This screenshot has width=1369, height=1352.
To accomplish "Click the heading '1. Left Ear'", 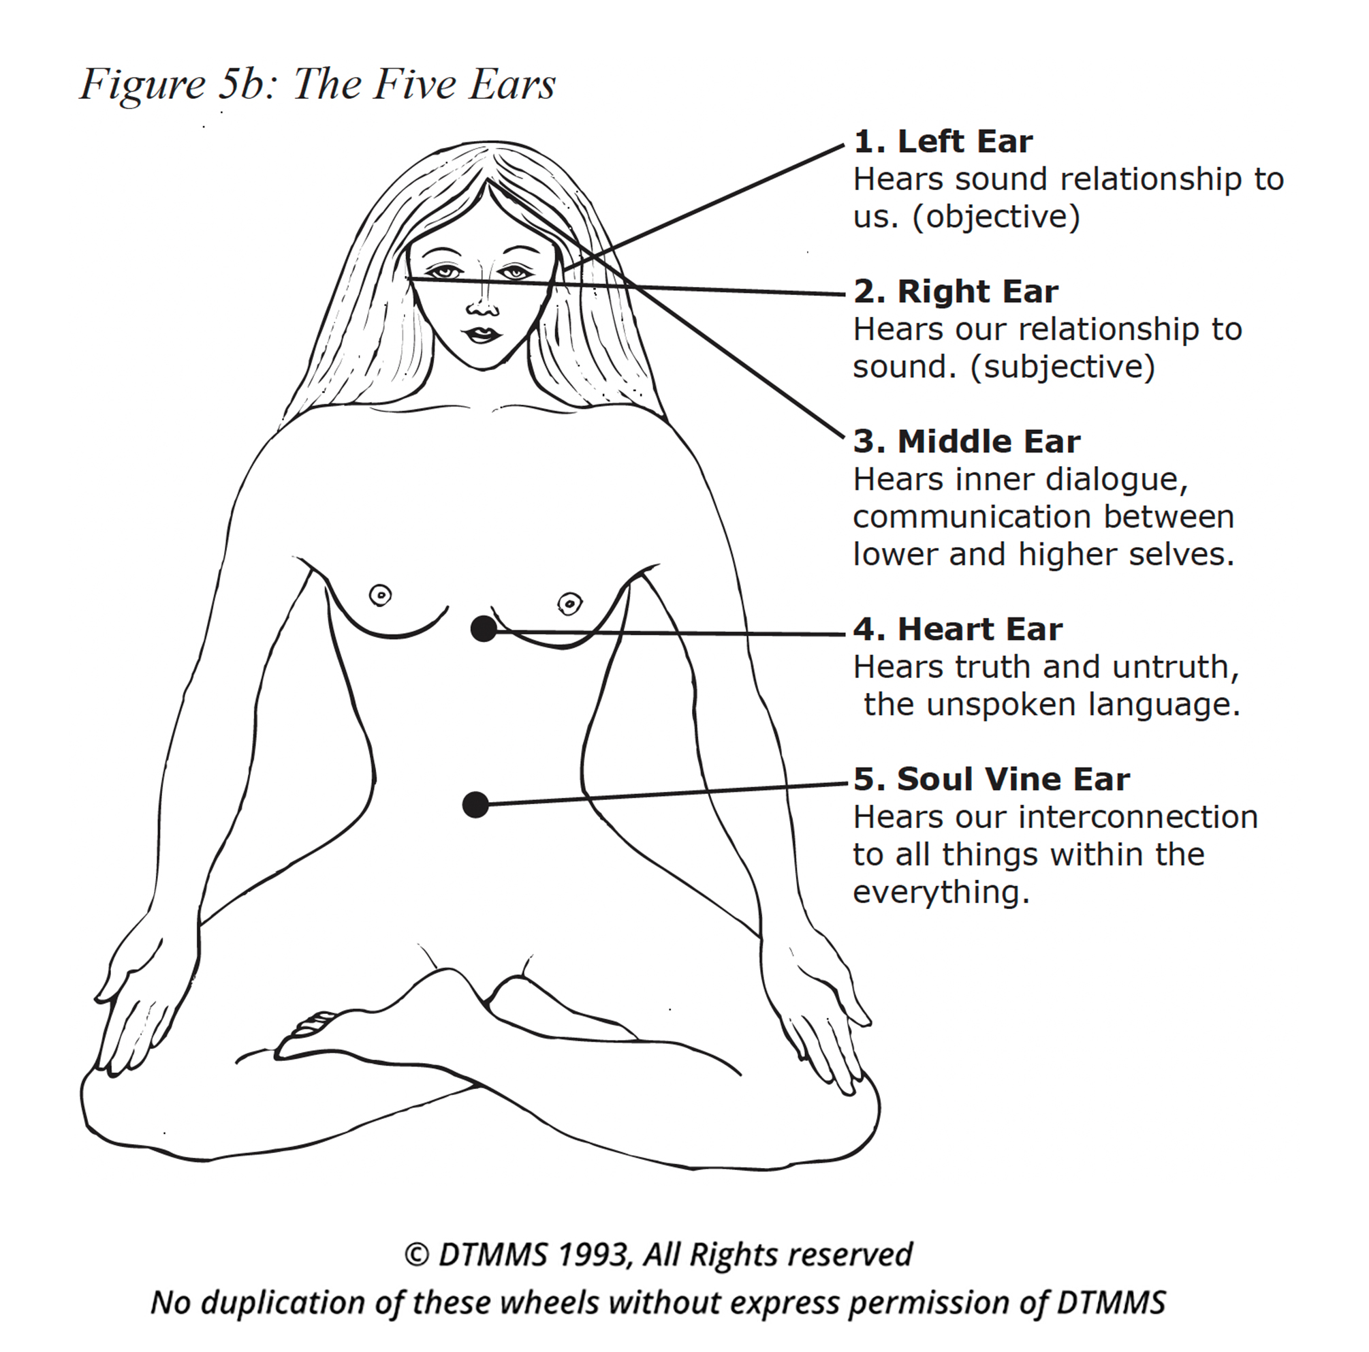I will coord(943,142).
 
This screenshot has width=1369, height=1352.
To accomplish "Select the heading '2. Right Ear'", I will coord(955,292).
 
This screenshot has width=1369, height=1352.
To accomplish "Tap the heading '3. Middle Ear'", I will coord(966,442).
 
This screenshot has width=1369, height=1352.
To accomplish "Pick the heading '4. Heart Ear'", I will coord(958,630).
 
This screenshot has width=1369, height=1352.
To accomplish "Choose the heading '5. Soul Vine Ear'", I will coord(990,779).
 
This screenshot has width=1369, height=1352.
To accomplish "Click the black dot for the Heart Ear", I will coord(484,628).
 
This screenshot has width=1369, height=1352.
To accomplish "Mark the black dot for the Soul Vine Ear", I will coord(475,805).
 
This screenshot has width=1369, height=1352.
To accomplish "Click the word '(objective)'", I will coord(996,217).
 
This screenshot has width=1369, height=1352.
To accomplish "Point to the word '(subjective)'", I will coord(1063,367).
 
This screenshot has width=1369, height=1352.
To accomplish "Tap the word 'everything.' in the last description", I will coord(941,892).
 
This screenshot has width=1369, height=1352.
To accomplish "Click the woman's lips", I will coord(481,334).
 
